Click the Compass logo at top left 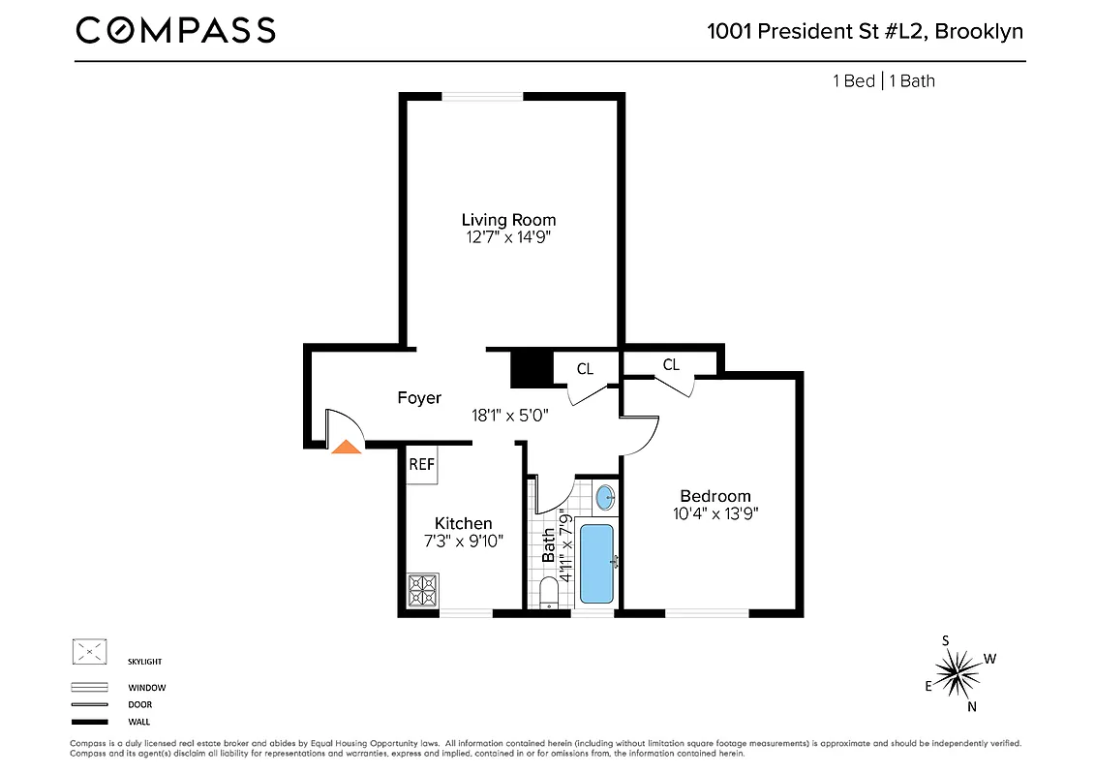tap(175, 31)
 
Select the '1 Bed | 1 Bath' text tap(884, 80)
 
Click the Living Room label tap(508, 220)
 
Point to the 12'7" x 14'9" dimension tap(508, 236)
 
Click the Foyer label tap(419, 397)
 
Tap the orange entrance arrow tap(345, 446)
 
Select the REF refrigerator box tap(421, 464)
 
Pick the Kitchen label tap(463, 523)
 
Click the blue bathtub tap(594, 563)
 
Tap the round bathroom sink tap(604, 498)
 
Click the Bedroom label tap(715, 496)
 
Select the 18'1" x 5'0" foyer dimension tap(509, 416)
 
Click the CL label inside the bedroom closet tap(671, 364)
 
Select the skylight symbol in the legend tap(89, 652)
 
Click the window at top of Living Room tap(482, 95)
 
